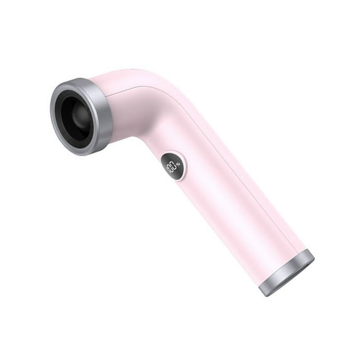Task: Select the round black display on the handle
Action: click(x=173, y=166)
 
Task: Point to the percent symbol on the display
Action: click(x=178, y=165)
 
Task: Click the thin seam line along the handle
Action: click(x=251, y=182)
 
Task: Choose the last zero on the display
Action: click(x=175, y=166)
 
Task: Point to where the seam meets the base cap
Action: click(x=305, y=252)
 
